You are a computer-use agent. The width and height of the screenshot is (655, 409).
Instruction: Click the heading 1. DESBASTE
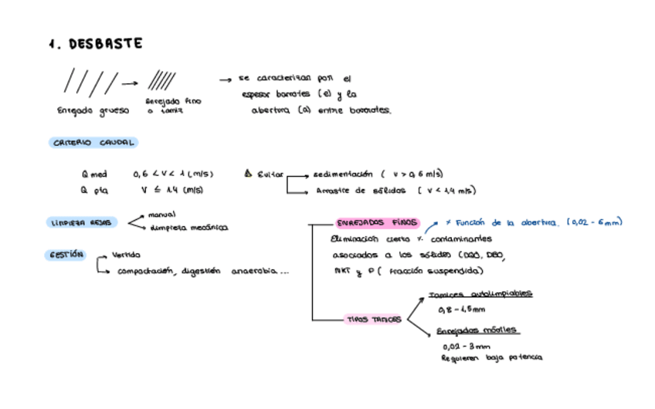(x=95, y=45)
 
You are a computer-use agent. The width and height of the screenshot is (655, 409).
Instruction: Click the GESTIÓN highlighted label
(x=65, y=255)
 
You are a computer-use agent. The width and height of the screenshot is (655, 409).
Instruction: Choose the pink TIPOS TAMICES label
(x=375, y=319)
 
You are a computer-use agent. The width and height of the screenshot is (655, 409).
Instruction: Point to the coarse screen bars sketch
(x=90, y=81)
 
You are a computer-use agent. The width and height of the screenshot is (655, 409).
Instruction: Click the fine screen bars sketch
(x=161, y=79)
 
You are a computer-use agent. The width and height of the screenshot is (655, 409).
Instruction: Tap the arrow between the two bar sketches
(x=129, y=83)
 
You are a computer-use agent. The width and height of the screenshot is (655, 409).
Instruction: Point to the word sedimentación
(x=343, y=174)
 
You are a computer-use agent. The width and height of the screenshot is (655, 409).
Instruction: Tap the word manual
(x=161, y=215)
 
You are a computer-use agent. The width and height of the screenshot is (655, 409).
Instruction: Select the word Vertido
(x=126, y=255)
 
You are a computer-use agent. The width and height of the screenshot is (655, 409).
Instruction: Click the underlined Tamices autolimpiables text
(x=480, y=294)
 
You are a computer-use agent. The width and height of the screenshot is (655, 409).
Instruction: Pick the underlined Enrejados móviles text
(x=477, y=330)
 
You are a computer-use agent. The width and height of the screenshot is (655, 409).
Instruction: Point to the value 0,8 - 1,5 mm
(x=461, y=310)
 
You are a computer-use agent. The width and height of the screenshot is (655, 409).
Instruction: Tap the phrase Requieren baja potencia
(x=491, y=358)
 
